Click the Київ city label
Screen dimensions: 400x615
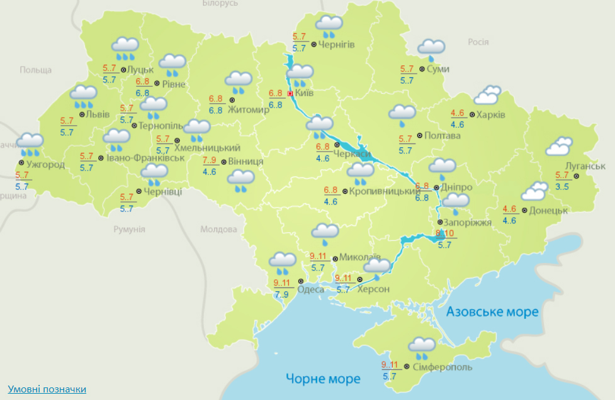(305, 93)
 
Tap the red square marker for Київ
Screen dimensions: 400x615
(290, 94)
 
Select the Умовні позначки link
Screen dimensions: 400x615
(47, 389)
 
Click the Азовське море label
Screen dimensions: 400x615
(492, 312)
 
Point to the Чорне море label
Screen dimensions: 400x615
(323, 379)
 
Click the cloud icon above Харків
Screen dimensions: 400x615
(487, 96)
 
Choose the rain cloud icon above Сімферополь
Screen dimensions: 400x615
(422, 346)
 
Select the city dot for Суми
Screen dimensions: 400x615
(421, 69)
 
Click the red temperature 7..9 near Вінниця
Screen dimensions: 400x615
(210, 160)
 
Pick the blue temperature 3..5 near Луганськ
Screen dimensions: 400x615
(562, 187)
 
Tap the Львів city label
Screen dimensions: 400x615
(98, 114)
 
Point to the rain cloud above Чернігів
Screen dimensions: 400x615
(329, 26)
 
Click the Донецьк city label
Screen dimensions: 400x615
(548, 210)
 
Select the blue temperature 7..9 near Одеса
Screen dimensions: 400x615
(281, 294)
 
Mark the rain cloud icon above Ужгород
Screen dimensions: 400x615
(30, 143)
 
